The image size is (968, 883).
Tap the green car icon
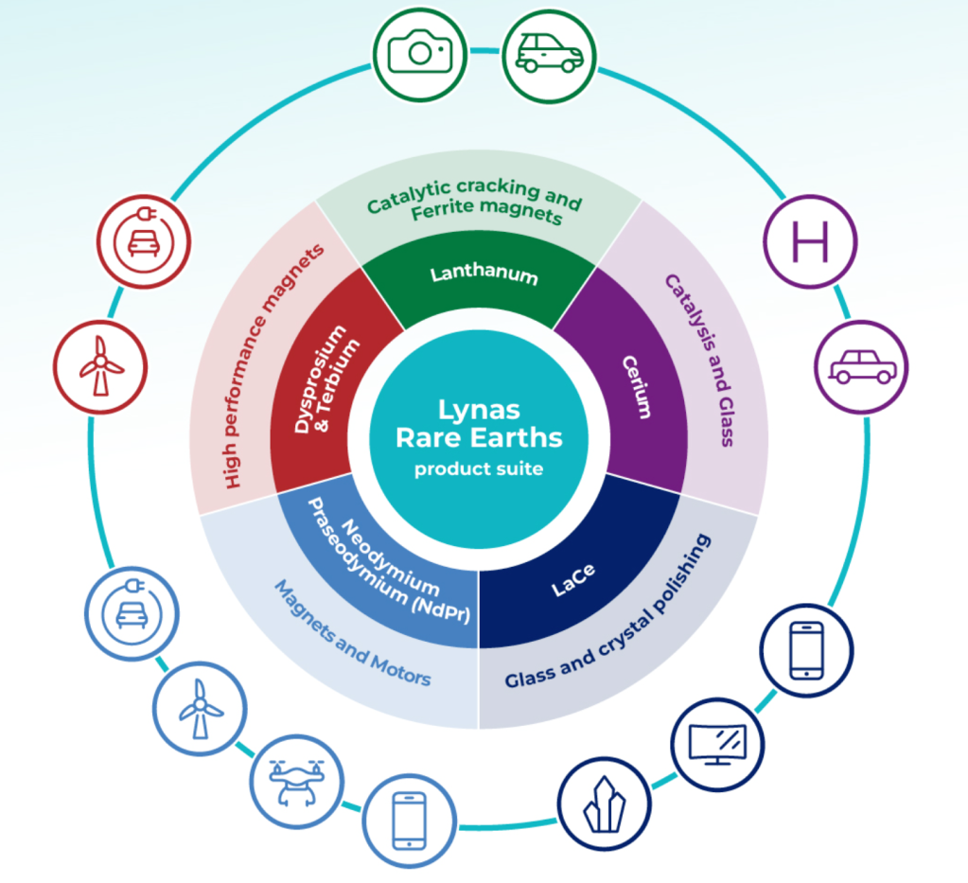pos(549,54)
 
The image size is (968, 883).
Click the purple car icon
pos(861,367)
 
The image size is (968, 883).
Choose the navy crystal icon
pos(604,803)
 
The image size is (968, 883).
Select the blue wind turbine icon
pos(200,707)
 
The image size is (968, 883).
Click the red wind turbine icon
pos(100,366)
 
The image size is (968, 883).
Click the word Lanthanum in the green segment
pos(484,275)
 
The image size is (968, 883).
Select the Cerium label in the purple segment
pos(637,387)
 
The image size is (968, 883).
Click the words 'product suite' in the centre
pos(479,468)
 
